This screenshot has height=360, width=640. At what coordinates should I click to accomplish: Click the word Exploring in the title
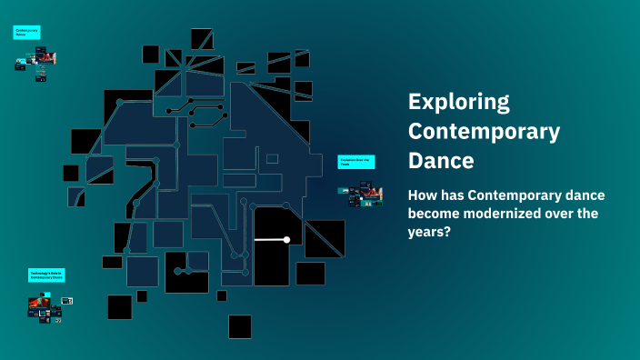point(459,101)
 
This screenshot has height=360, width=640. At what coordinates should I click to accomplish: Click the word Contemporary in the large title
point(484,131)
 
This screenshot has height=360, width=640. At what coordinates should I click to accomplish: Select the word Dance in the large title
point(441,161)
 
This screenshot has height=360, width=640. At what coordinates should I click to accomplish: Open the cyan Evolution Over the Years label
point(356,162)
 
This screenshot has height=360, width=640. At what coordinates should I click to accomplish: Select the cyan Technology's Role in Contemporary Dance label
point(46,274)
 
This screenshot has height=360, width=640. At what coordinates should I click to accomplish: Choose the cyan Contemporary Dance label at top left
point(25,32)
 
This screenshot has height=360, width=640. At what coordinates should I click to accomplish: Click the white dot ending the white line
point(286,240)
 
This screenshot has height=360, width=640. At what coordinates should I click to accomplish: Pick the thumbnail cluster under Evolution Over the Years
point(359,195)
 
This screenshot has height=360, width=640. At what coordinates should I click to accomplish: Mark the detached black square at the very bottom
point(240,326)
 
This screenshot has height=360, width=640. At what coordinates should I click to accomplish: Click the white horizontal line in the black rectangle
point(270,240)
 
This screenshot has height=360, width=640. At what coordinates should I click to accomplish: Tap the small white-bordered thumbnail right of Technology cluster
point(68,301)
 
